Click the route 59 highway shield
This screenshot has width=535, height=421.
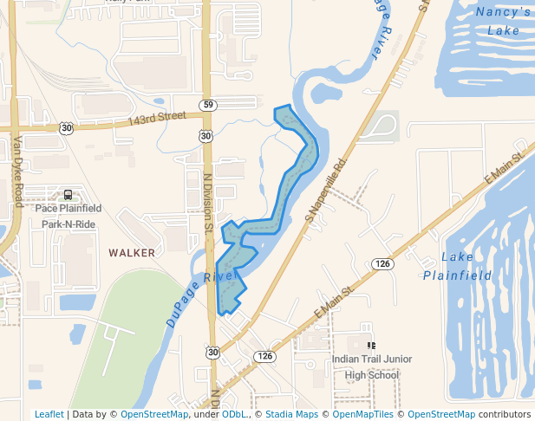[208, 106]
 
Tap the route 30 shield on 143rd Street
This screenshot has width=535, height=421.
[67, 127]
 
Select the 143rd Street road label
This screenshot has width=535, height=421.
[157, 115]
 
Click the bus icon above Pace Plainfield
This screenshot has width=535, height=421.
[69, 194]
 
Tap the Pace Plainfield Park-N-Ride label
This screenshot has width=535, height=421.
[69, 216]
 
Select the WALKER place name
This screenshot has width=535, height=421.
[132, 253]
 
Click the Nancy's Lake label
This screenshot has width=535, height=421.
[503, 21]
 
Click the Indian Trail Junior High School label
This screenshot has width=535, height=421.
[372, 366]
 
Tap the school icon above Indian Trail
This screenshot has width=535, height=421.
[372, 345]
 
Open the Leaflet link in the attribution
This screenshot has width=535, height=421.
[49, 414]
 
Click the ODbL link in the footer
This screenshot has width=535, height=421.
[235, 414]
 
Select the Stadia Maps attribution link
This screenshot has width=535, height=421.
[291, 414]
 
